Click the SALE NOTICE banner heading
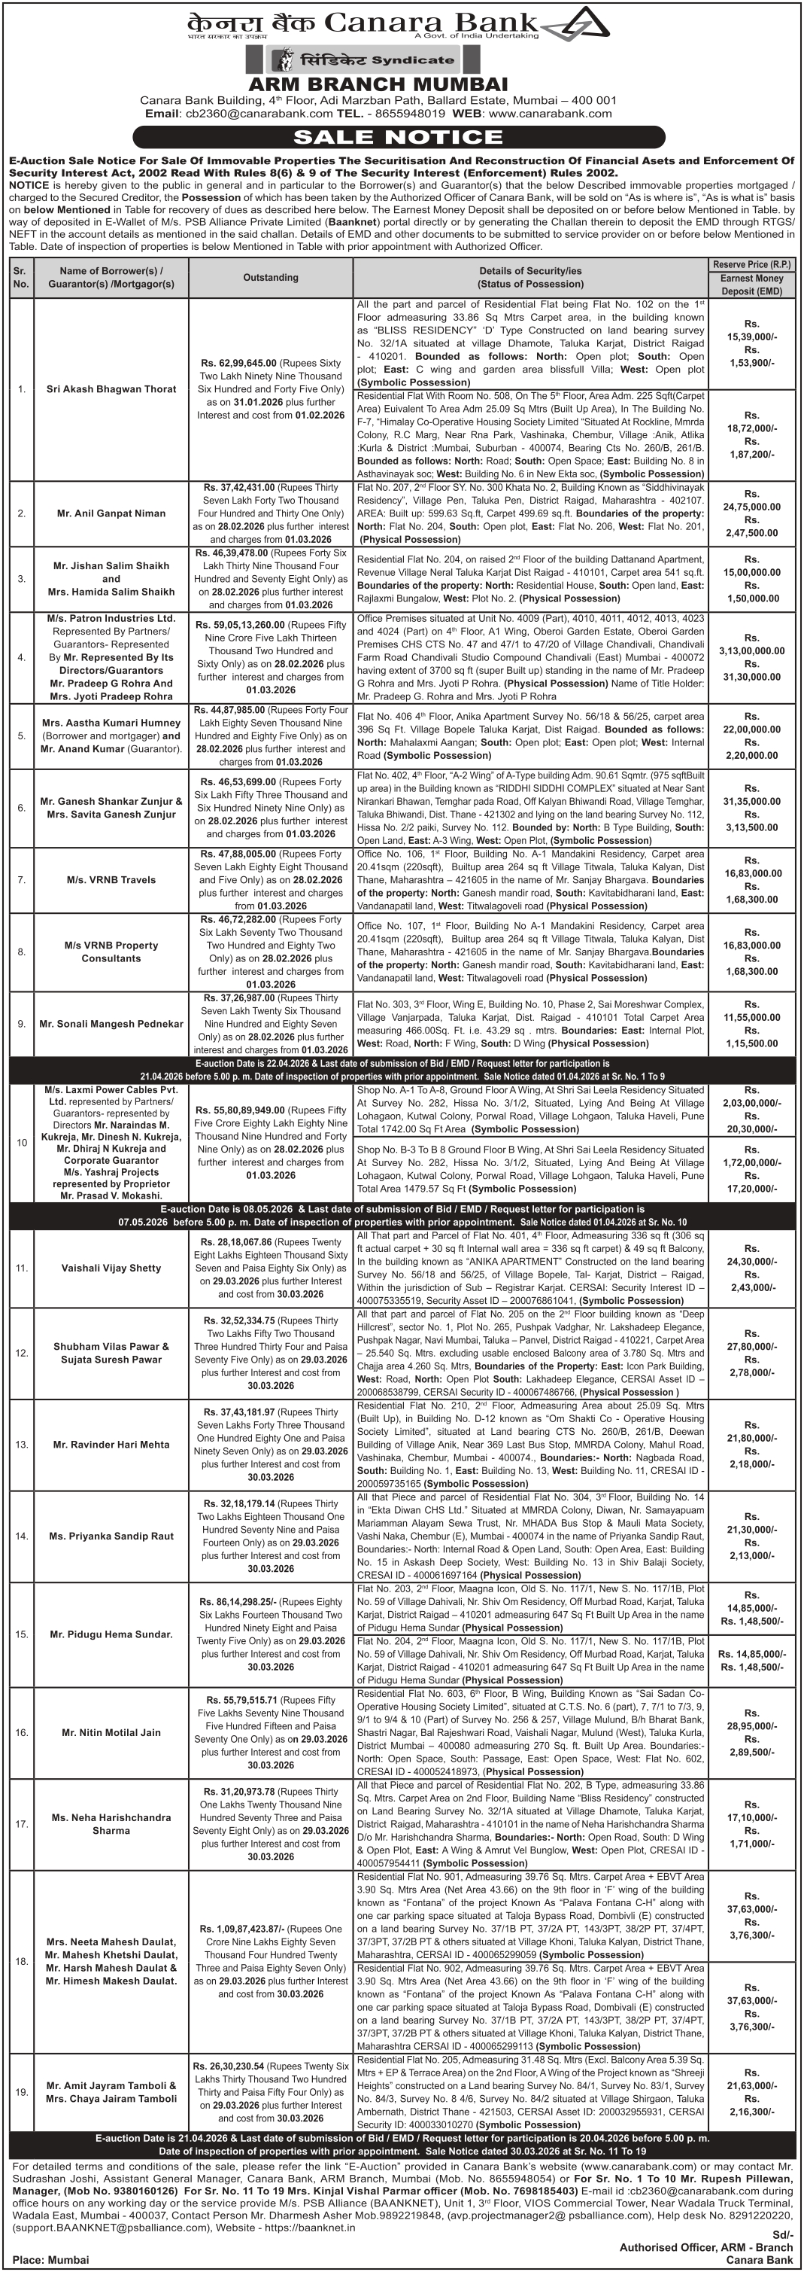398,137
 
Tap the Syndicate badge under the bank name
365,60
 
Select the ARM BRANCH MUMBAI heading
378,84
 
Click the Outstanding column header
271,277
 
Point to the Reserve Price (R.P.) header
751,264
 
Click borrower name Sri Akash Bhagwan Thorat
111,389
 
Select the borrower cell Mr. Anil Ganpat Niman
111,513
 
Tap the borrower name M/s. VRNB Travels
111,880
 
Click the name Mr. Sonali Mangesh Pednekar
111,1024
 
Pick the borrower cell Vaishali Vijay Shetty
111,1268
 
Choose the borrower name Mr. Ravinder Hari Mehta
111,1445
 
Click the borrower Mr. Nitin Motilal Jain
111,1732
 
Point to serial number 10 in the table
22,1143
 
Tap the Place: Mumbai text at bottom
51,2260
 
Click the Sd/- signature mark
784,2235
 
